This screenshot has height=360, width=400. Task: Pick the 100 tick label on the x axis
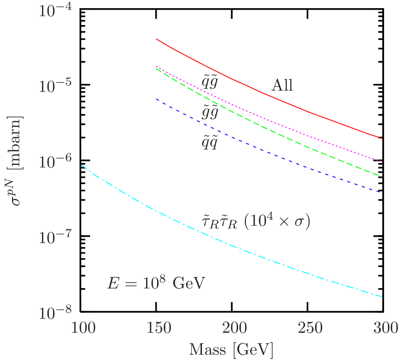[82, 329]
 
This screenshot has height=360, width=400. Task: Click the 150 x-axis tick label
[158, 329]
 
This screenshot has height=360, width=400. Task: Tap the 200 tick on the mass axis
[234, 329]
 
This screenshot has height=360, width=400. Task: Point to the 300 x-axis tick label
[384, 329]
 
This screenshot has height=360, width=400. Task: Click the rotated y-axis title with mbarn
[17, 162]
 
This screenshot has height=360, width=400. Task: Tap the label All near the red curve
[282, 86]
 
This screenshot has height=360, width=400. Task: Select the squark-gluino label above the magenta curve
[210, 82]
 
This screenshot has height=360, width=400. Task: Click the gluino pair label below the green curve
[210, 113]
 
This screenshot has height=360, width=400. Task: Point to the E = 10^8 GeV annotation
[156, 283]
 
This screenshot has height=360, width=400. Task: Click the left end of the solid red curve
[157, 39]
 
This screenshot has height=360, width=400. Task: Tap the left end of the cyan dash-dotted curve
[81, 165]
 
